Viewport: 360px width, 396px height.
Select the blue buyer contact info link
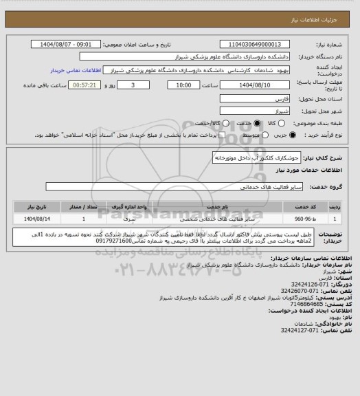click(x=76, y=70)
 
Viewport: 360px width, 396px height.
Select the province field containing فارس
click(x=256, y=99)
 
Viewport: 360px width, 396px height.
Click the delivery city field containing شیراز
click(x=256, y=111)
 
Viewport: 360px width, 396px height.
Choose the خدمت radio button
click(x=258, y=122)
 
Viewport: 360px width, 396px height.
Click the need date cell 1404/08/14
click(x=29, y=218)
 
